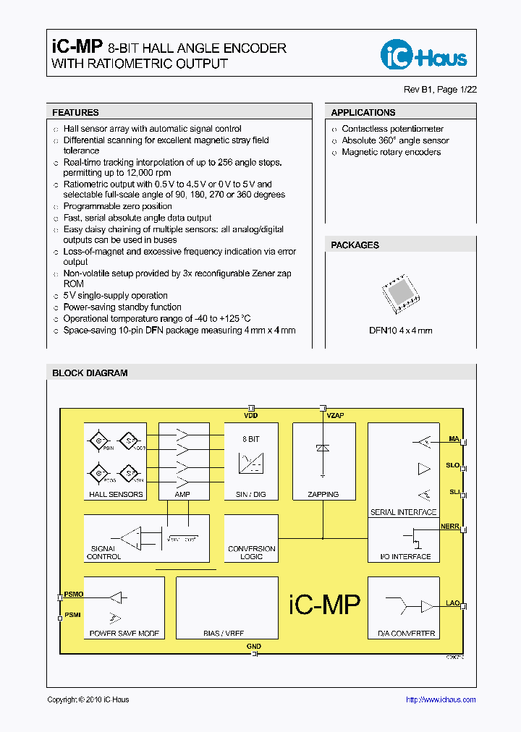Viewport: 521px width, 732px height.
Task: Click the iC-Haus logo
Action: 424,54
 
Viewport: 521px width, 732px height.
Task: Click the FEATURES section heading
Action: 75,113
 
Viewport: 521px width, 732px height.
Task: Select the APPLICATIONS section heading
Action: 363,113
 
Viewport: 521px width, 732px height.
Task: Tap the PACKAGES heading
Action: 355,245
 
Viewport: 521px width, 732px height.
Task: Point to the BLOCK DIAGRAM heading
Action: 90,373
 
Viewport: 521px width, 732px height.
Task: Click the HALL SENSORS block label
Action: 116,495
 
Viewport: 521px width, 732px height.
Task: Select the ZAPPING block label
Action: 323,495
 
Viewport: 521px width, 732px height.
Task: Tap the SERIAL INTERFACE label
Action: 403,512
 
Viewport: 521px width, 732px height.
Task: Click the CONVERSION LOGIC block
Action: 251,553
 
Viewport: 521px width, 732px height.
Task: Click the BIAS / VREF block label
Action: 224,634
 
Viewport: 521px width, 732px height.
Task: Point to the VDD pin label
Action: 251,416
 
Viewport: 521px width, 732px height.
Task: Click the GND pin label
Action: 253,646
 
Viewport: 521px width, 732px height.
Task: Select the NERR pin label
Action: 449,525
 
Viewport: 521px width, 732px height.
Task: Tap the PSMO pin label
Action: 74,594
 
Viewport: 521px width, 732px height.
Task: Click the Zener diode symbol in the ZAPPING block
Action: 323,448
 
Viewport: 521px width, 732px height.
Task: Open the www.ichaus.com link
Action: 441,699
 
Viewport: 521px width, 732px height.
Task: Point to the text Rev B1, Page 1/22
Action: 440,90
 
